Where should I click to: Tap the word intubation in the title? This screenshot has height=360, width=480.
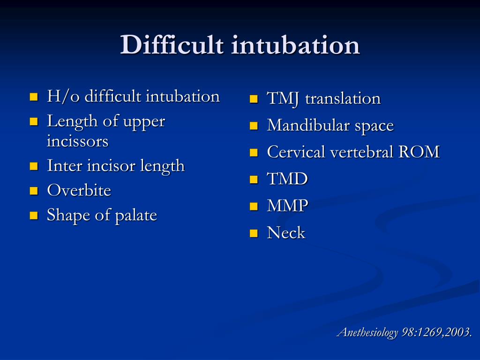[x=295, y=45]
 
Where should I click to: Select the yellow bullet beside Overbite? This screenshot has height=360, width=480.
[x=33, y=191]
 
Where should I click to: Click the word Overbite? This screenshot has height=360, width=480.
[x=79, y=190]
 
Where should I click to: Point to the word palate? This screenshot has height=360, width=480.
[x=136, y=215]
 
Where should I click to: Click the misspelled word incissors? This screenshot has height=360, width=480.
[x=77, y=141]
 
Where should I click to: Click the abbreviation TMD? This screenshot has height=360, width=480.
[x=287, y=179]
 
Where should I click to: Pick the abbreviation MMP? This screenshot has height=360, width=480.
[x=287, y=206]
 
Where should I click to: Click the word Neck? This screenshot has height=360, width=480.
[x=286, y=232]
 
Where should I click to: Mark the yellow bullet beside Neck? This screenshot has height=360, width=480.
[x=254, y=233]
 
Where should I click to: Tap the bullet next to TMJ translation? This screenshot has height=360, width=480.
[x=254, y=99]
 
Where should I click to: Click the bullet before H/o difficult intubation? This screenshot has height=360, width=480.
[x=33, y=97]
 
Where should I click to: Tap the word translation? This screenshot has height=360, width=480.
[x=343, y=99]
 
